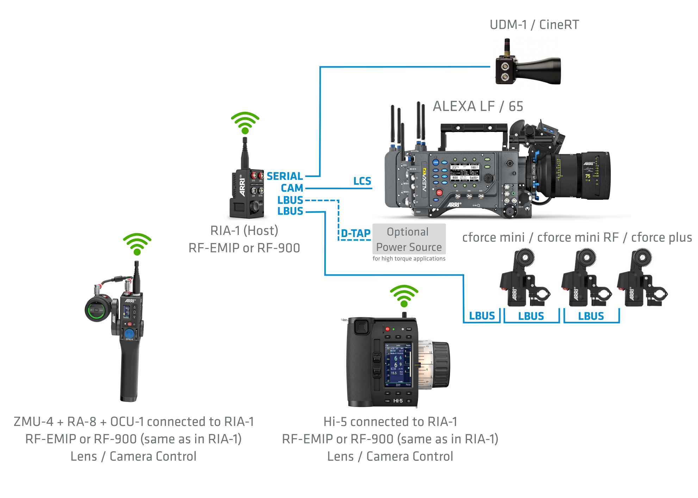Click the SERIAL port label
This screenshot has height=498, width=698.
pyautogui.click(x=285, y=176)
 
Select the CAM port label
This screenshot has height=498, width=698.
pyautogui.click(x=292, y=188)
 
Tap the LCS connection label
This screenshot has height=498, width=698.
pyautogui.click(x=362, y=181)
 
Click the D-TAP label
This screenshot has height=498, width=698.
pyautogui.click(x=356, y=234)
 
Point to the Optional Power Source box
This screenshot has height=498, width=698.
pyautogui.click(x=409, y=239)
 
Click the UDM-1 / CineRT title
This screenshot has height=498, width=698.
pyautogui.click(x=534, y=25)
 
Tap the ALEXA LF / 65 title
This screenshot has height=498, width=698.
pyautogui.click(x=478, y=106)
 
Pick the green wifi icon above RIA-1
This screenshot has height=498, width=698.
pyautogui.click(x=245, y=123)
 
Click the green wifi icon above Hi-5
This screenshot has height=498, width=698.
pyautogui.click(x=404, y=296)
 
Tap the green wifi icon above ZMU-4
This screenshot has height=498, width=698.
pyautogui.click(x=137, y=244)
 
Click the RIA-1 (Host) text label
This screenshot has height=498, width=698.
pyautogui.click(x=244, y=231)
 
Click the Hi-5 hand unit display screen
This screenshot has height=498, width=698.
pyautogui.click(x=398, y=364)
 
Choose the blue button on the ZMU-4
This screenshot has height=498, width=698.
pyautogui.click(x=129, y=334)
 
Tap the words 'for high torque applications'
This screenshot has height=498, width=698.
pyautogui.click(x=409, y=259)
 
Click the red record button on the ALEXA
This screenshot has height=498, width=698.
pyautogui.click(x=439, y=192)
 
